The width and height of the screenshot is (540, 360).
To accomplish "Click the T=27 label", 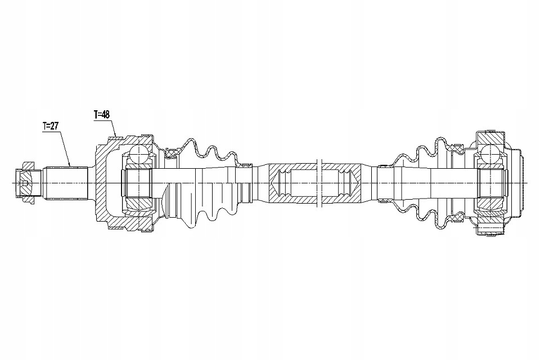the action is coord(51,126).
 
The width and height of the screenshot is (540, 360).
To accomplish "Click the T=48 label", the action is coord(102,114).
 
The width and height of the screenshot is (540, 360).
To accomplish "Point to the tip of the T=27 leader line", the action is coord(70,166).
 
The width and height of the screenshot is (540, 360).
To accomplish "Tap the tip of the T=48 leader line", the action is coord(116,137).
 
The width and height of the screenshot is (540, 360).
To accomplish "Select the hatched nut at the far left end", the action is coord(26,183).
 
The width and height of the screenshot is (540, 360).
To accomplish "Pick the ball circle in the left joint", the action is coord(139,154).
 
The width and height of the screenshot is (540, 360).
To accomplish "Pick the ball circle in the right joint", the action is coord(490,152).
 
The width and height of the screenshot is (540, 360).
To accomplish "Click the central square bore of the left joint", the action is coord(139,183).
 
